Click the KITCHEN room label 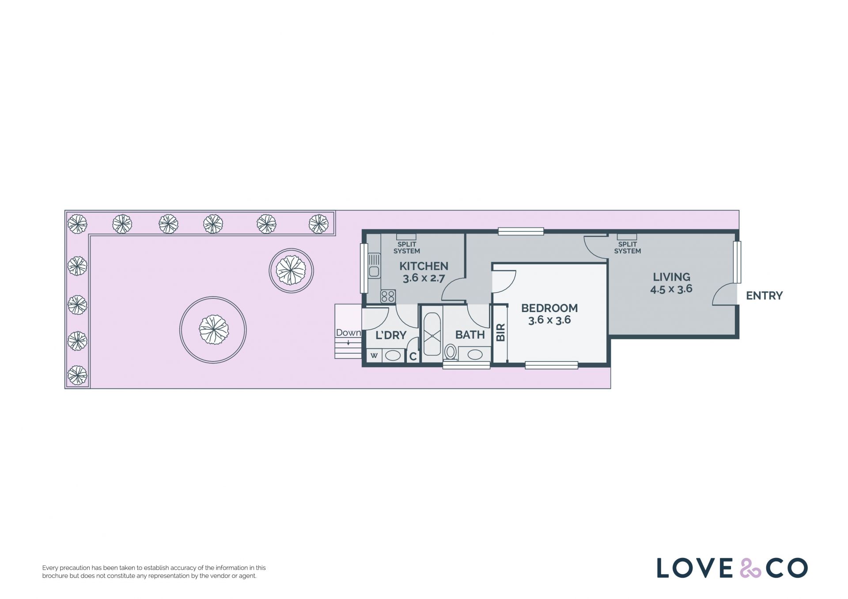424,266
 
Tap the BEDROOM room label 549,308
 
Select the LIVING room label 671,277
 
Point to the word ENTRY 764,296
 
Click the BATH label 470,335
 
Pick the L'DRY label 391,335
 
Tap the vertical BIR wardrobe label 501,332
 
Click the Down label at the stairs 348,333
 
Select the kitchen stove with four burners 388,296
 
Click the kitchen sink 374,265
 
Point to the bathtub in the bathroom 432,335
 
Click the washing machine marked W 374,355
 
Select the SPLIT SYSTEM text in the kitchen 407,248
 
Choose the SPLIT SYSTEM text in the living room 627,248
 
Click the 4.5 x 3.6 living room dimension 671,289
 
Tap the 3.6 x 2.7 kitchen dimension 424,279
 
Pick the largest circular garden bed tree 213,330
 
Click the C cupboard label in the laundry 413,356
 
